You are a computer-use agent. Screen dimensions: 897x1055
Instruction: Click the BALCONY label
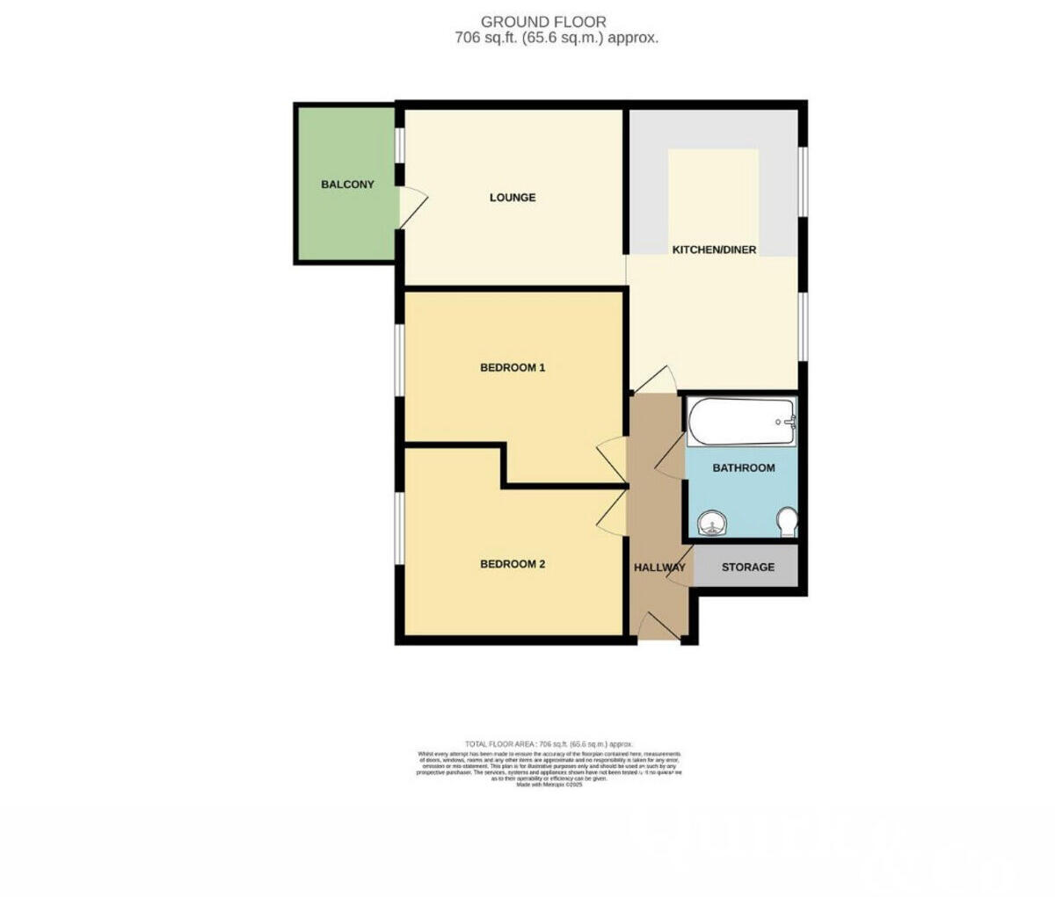(x=347, y=184)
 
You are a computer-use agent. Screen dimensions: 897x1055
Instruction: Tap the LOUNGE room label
(x=513, y=198)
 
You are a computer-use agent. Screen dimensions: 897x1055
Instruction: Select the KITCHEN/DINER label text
(x=714, y=250)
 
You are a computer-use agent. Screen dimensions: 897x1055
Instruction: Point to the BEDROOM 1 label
(x=513, y=367)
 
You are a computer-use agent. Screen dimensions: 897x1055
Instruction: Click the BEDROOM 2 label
(x=513, y=564)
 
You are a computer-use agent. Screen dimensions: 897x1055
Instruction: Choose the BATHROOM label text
(x=743, y=468)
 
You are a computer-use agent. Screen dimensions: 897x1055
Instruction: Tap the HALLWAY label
(x=659, y=568)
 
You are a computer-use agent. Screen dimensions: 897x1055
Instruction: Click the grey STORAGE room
(x=747, y=567)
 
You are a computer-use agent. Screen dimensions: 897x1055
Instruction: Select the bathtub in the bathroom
(x=741, y=422)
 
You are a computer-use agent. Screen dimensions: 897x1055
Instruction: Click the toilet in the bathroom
(x=788, y=523)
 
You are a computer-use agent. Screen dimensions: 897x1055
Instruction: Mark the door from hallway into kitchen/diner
(x=655, y=380)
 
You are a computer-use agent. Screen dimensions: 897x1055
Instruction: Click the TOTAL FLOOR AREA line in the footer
(x=549, y=744)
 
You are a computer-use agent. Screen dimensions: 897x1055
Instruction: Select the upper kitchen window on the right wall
(x=803, y=179)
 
